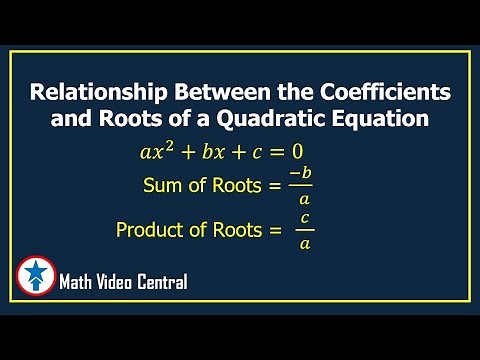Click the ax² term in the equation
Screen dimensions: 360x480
coord(158,152)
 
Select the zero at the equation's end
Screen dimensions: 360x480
coord(297,153)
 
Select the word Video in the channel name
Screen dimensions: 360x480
coord(119,283)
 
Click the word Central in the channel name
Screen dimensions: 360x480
coord(163,283)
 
